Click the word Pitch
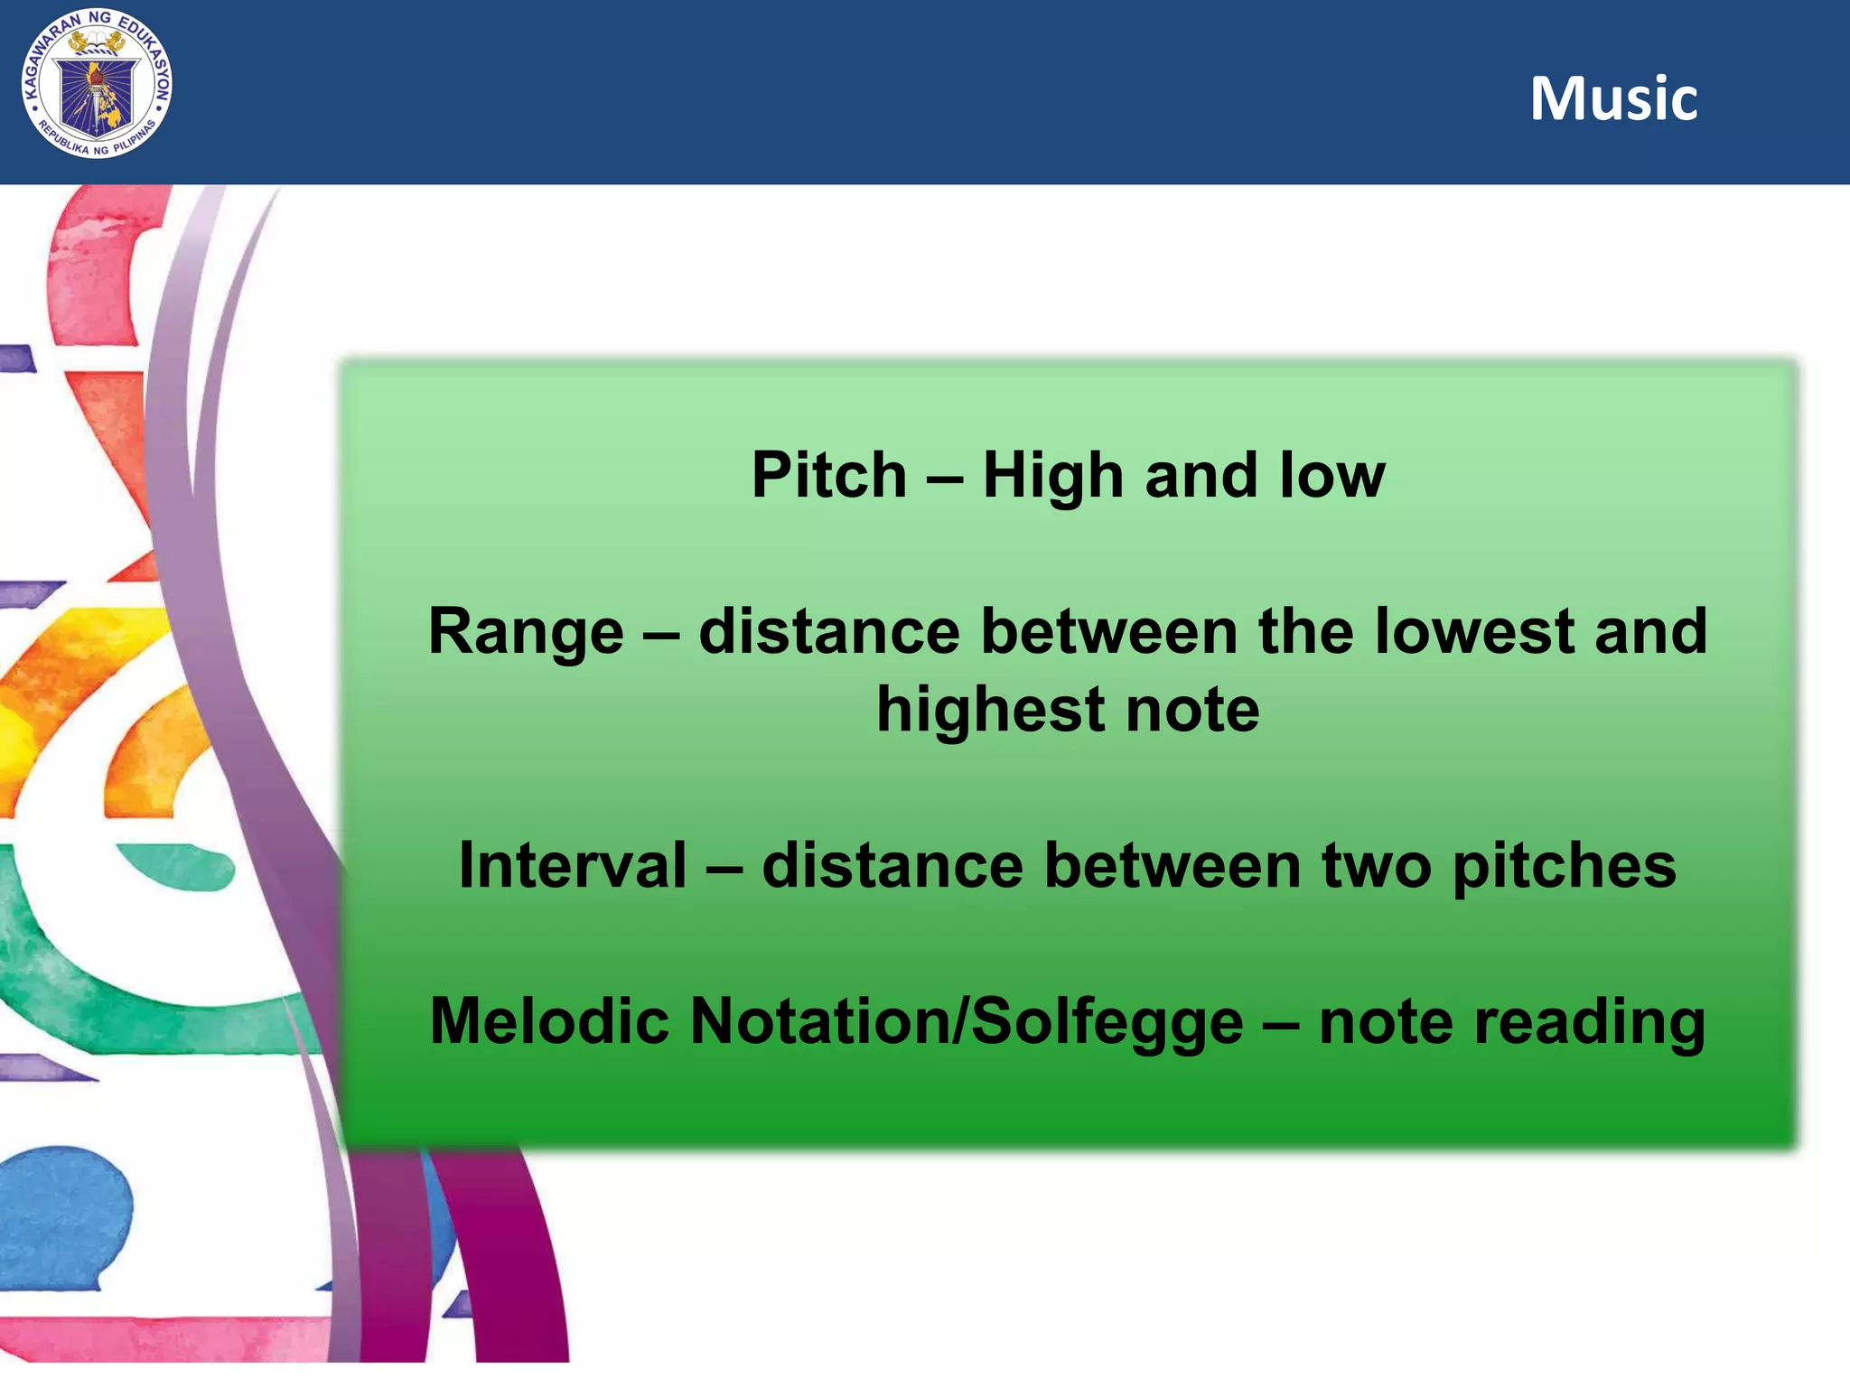pyautogui.click(x=828, y=475)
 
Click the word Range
pyautogui.click(x=526, y=631)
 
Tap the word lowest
pyautogui.click(x=1475, y=631)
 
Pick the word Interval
pyautogui.click(x=573, y=865)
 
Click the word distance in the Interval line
pyautogui.click(x=892, y=865)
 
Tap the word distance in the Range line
pyautogui.click(x=829, y=631)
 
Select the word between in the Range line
pyautogui.click(x=1109, y=631)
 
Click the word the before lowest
pyautogui.click(x=1306, y=631)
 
